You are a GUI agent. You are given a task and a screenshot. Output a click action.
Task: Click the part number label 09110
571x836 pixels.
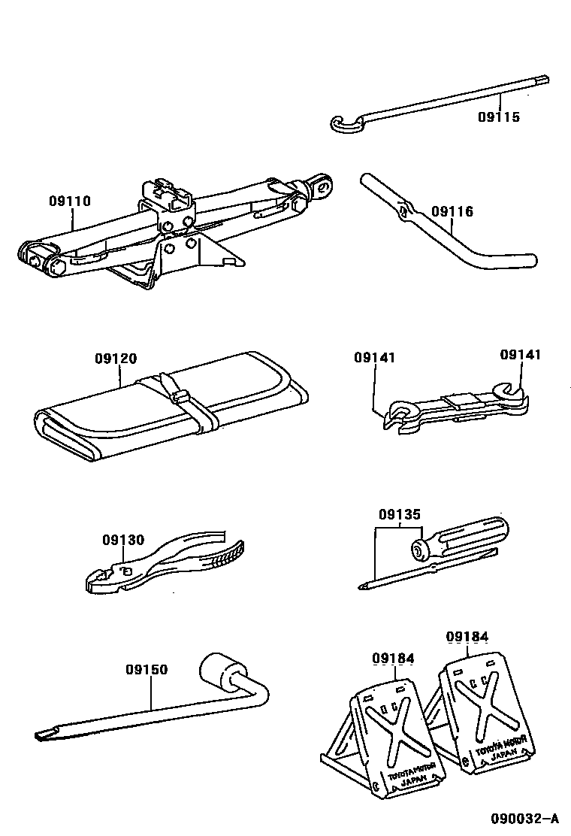(x=70, y=201)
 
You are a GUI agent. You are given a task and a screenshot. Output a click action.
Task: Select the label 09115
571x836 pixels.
(x=499, y=117)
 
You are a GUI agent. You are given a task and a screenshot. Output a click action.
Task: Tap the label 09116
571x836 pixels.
(x=452, y=212)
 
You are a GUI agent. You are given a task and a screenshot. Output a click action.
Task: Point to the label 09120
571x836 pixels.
(x=116, y=359)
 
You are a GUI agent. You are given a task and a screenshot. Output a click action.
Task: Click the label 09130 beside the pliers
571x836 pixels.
(x=123, y=539)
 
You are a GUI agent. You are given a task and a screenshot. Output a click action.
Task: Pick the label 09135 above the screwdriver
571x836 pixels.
(x=399, y=515)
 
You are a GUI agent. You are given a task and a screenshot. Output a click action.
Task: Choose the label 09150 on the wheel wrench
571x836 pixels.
(x=147, y=669)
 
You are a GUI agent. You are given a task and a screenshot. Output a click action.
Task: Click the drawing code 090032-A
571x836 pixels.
(x=526, y=819)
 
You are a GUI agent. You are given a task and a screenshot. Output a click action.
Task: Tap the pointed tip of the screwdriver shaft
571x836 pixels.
(x=364, y=589)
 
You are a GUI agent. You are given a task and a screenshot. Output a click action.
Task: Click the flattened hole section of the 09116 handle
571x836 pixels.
(x=406, y=211)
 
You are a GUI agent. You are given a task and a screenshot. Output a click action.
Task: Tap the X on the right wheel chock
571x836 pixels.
(x=484, y=704)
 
